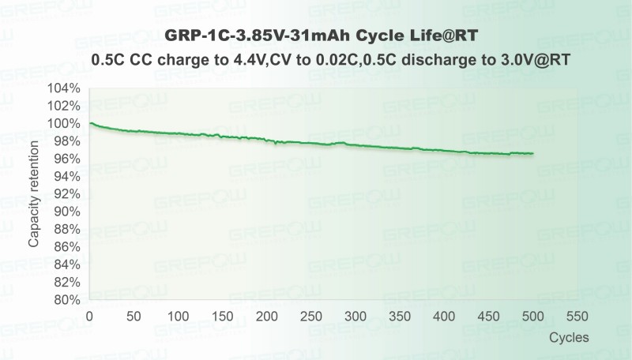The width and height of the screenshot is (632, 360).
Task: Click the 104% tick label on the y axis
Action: [64, 88]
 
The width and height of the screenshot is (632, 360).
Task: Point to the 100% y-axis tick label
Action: [64, 124]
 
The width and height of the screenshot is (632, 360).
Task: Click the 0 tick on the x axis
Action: [89, 317]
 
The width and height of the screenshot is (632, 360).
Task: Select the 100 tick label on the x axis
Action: [179, 317]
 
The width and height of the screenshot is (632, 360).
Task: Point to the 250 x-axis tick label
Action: [312, 317]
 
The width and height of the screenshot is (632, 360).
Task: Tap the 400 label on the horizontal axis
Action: [446, 317]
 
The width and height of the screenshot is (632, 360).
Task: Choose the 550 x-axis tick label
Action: [579, 317]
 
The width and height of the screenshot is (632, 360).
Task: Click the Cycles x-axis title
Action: [570, 336]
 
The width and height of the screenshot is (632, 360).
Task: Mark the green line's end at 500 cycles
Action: [533, 153]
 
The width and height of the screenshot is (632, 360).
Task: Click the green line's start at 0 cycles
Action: [90, 123]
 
